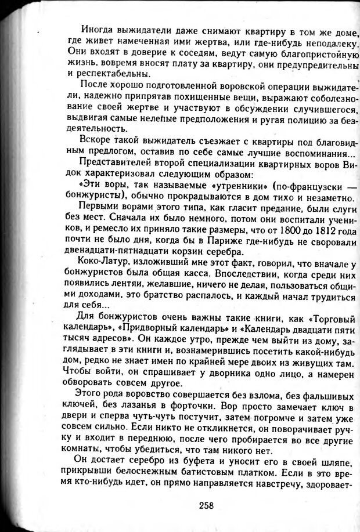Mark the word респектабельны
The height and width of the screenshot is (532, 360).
(x=110, y=74)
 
